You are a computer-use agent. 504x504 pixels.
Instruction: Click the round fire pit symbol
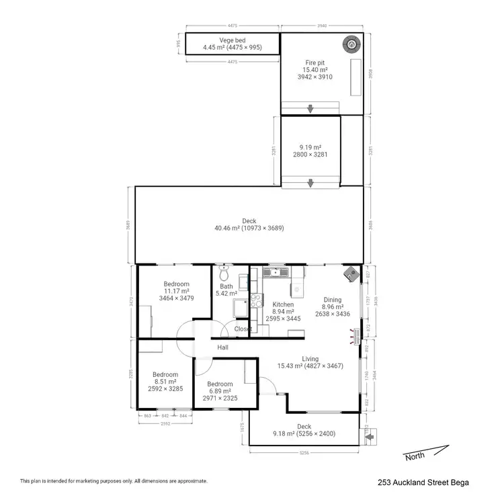[x=351, y=44]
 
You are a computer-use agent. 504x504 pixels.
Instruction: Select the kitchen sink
[x=276, y=272]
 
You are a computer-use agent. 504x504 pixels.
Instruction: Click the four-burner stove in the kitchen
[x=255, y=301]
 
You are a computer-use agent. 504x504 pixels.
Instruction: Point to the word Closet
[x=243, y=329]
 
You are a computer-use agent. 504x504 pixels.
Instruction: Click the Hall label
[x=223, y=347]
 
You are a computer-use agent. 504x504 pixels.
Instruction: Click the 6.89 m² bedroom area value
[x=220, y=391]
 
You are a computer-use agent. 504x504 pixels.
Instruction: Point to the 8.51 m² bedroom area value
[x=165, y=382]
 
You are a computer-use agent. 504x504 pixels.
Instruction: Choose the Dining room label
[x=332, y=300]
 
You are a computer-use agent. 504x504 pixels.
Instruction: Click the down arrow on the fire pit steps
[x=310, y=109]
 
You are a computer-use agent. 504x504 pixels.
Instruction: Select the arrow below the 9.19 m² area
[x=310, y=183]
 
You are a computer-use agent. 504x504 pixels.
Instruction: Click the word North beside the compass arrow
[x=415, y=457]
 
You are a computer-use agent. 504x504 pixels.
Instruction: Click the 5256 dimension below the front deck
[x=304, y=453]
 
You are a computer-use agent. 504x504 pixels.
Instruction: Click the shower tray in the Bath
[x=240, y=308]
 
